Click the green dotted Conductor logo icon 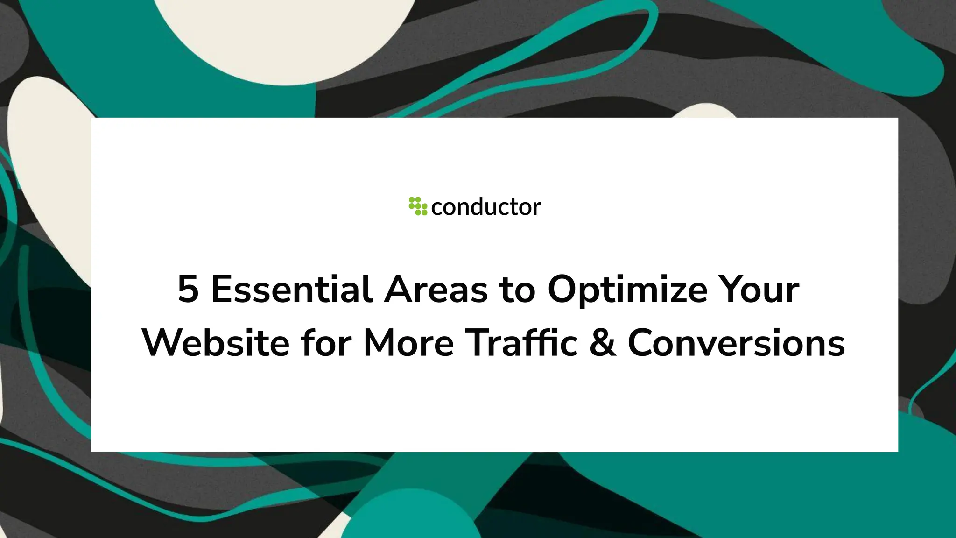point(418,206)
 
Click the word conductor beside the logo point(486,207)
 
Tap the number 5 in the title point(188,290)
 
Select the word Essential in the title point(292,290)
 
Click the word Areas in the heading point(436,290)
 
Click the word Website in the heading point(216,343)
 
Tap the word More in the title point(408,343)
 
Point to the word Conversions point(736,343)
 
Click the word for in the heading point(326,343)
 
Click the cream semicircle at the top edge point(285,37)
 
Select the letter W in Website point(161,343)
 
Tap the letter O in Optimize point(562,290)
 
